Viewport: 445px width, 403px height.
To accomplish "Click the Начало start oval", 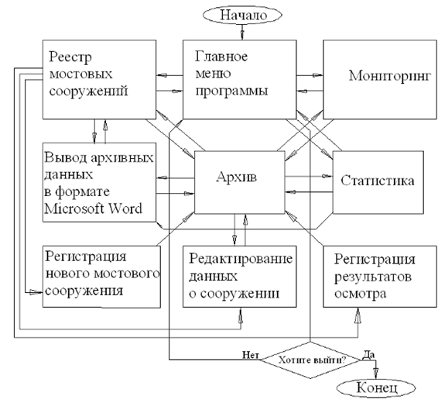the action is coord(242,15).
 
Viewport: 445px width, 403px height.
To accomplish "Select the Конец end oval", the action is coord(376,388).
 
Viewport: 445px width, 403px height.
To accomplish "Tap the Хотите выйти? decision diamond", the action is coord(310,360).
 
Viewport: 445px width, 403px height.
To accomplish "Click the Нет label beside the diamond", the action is coord(251,355).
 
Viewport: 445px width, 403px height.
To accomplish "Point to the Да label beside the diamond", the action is coord(369,354).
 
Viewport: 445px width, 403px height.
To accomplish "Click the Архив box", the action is coord(240,182).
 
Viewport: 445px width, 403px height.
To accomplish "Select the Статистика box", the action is coord(378,182).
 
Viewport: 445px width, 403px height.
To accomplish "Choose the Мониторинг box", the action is coord(380,80).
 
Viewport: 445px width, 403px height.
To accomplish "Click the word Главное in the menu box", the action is coord(221,57).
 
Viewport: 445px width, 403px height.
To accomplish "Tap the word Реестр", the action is coord(70,57).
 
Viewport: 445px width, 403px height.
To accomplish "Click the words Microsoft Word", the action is coord(93,209).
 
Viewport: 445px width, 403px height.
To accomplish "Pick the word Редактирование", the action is coord(241,259).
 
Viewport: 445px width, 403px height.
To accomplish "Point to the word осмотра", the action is coord(360,294).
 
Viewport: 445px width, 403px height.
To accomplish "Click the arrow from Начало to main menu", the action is coord(242,32).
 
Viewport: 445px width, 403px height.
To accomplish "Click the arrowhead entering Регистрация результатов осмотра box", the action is coord(358,315).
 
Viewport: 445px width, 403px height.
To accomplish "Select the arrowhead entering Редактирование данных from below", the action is coord(241,315).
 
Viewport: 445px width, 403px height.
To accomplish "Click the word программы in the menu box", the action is coord(232,91).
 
